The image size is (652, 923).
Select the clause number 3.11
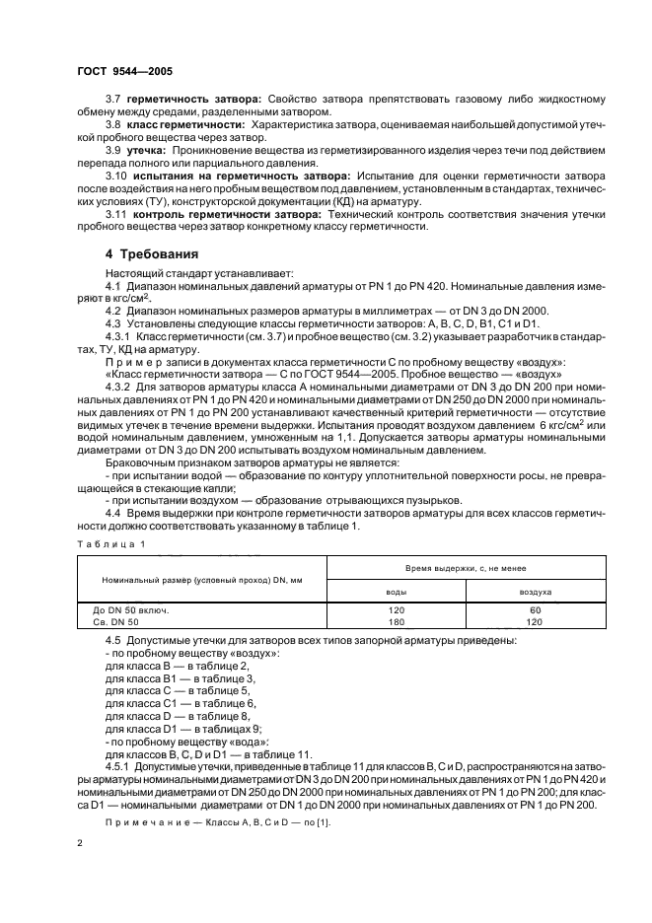116,214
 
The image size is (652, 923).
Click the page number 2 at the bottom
80,844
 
